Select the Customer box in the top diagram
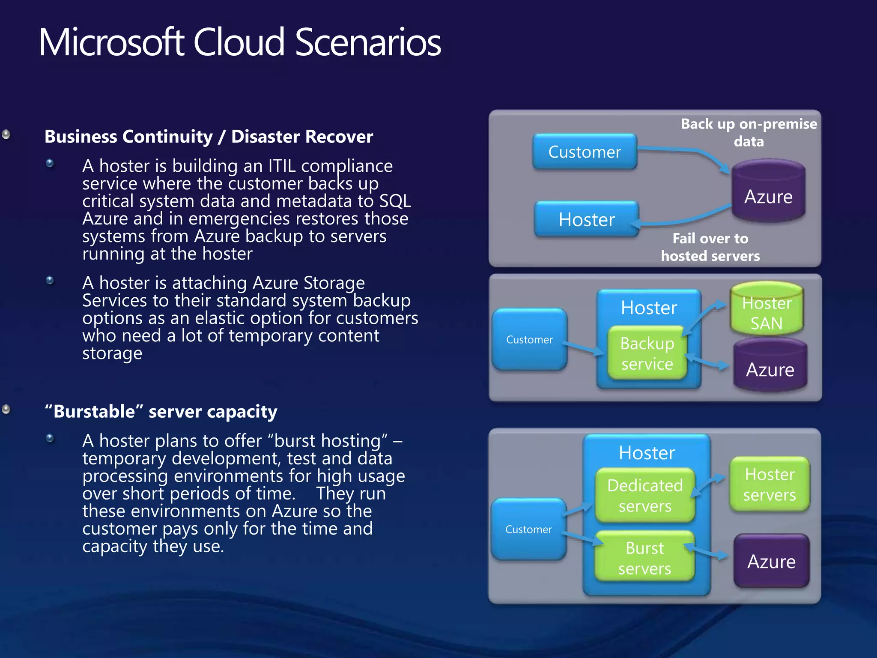585,152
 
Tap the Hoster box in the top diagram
586,220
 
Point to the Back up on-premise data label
749,132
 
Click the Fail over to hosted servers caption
710,247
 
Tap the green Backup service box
647,353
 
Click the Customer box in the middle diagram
529,340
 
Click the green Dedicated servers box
645,496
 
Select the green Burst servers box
644,558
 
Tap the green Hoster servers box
770,485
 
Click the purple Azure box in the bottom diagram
771,561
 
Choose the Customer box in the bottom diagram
528,529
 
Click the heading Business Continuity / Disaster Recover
209,137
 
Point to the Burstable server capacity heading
161,412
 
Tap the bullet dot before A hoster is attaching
50,280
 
